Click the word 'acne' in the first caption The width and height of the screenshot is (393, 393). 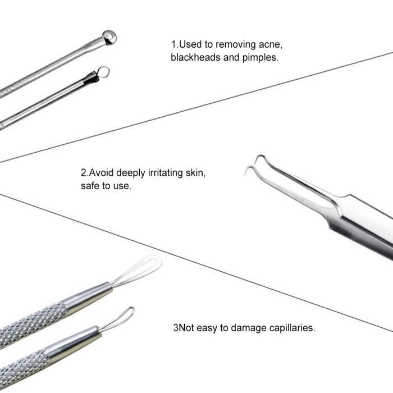(271, 44)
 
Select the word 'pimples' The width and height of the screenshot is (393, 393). (260, 58)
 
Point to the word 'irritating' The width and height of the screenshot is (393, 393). (166, 173)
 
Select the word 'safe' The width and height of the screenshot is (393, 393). (90, 186)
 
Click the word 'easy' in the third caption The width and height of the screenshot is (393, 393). (207, 328)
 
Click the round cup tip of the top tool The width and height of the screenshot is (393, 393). (109, 37)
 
